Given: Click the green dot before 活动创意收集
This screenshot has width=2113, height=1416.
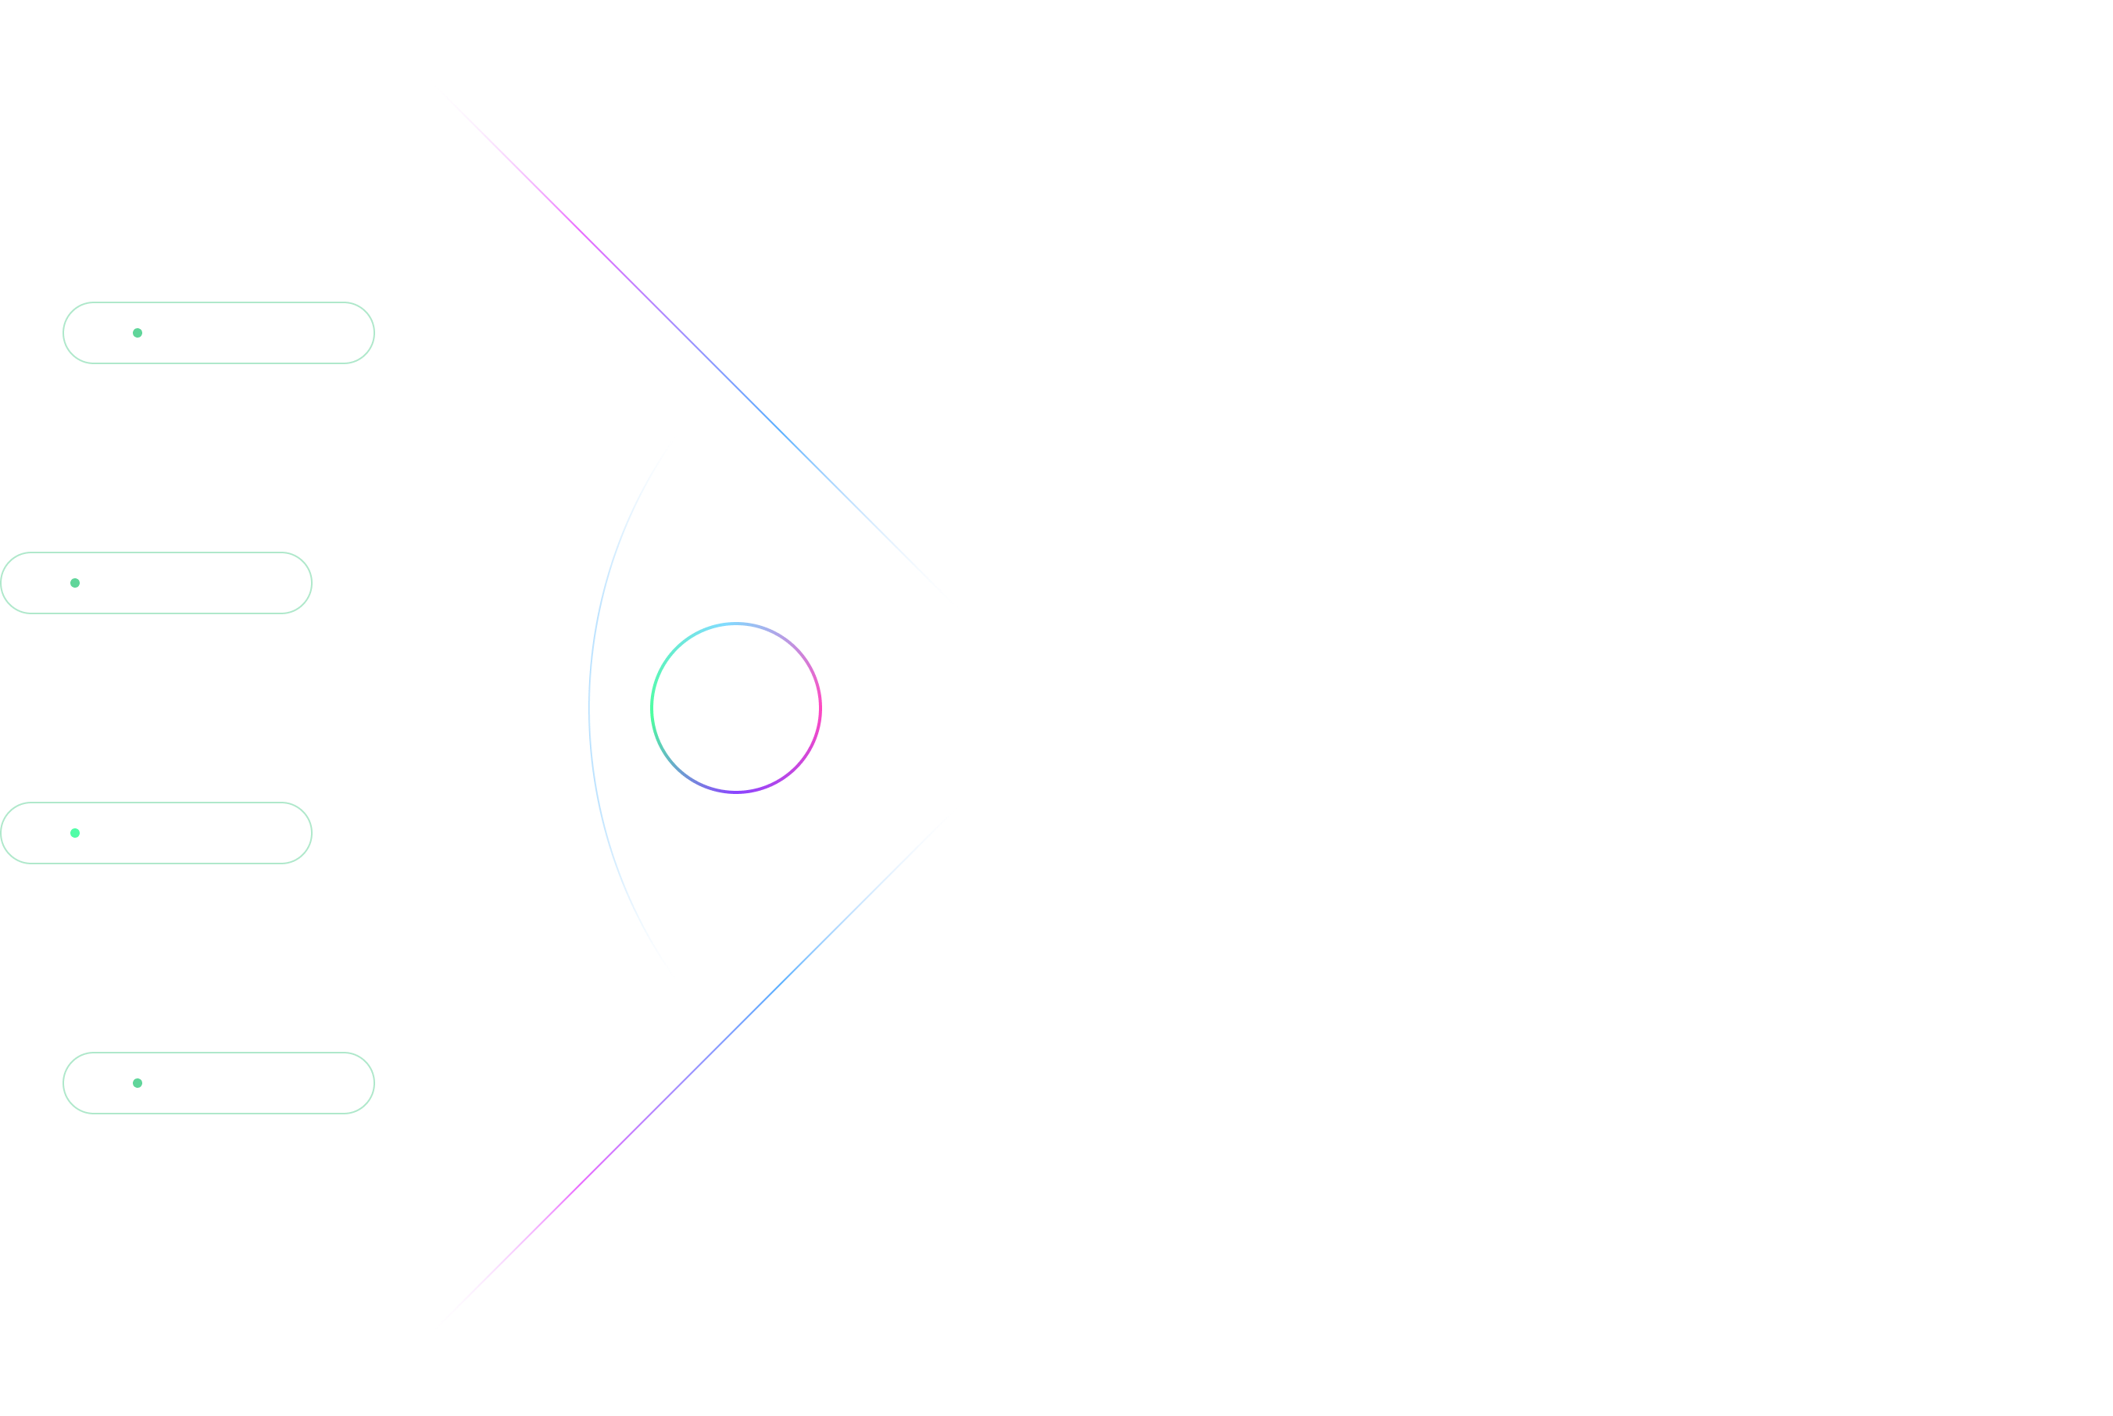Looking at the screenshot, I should click(x=138, y=333).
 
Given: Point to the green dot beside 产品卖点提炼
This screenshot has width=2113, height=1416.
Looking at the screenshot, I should click(x=75, y=584).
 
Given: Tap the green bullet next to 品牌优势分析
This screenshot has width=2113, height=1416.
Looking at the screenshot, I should click(x=75, y=834).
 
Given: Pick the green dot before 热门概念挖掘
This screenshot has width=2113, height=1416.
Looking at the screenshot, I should click(x=138, y=1083).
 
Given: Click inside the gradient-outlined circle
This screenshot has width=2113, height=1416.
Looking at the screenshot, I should click(x=736, y=708).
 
